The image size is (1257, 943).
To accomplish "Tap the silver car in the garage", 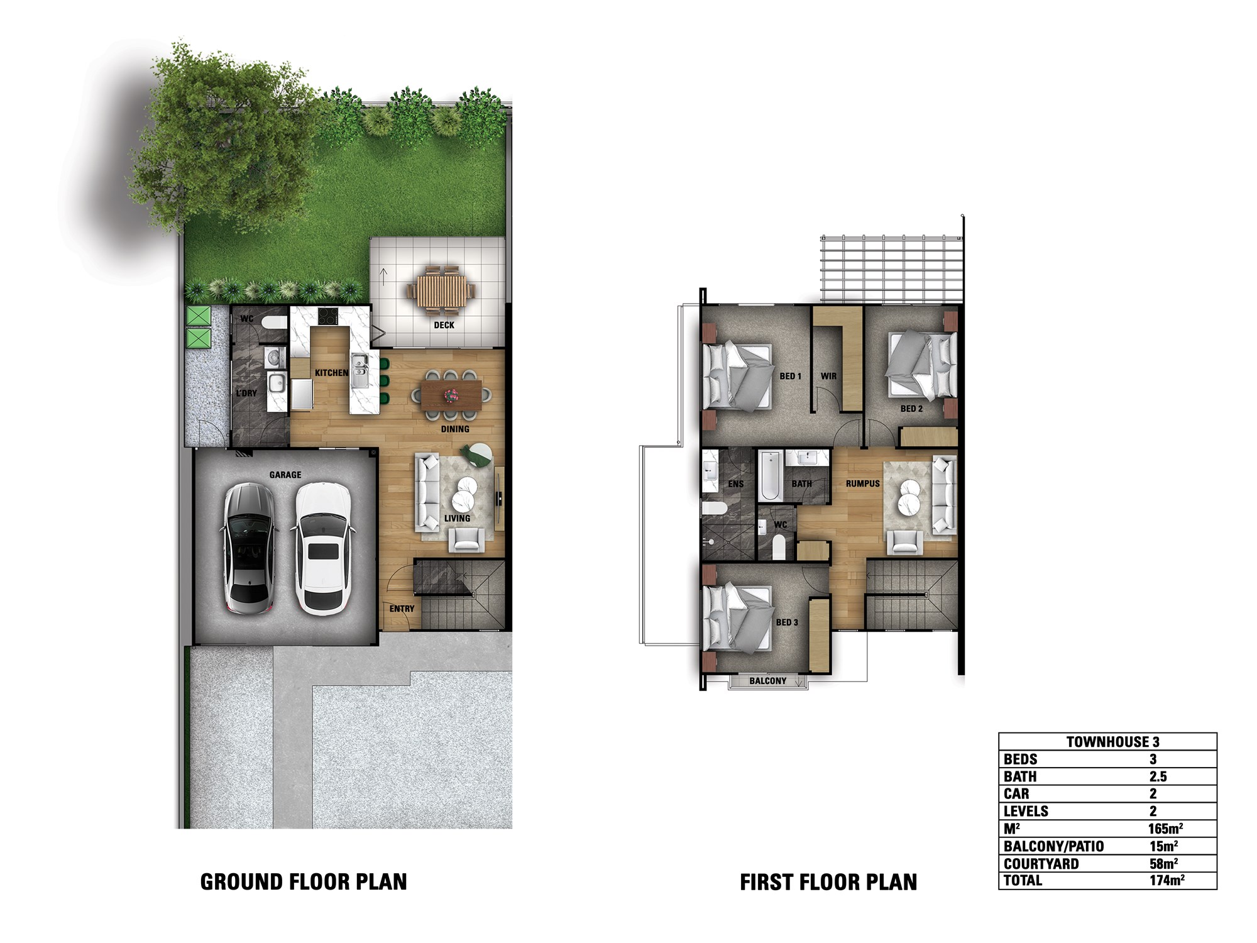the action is (x=250, y=548).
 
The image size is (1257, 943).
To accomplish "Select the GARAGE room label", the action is (x=285, y=475).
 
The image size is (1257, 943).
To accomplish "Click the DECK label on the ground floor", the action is (x=444, y=325).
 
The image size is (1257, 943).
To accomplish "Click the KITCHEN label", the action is (x=331, y=373).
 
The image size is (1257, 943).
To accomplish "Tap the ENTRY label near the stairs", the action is (x=402, y=609).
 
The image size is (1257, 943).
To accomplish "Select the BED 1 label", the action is (x=790, y=376).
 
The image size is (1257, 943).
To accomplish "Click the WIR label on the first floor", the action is (x=828, y=376).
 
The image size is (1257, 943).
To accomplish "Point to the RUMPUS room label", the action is (x=862, y=483).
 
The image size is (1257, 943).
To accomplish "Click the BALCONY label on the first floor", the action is (x=767, y=681).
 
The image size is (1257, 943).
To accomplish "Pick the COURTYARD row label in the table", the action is (x=1041, y=863).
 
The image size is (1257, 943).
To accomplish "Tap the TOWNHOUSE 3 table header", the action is (x=1112, y=741).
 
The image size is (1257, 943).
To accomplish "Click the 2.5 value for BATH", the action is (x=1158, y=776).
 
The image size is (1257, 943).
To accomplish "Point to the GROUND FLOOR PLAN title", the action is (x=304, y=881).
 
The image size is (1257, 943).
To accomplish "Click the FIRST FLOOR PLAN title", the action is (x=828, y=882).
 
